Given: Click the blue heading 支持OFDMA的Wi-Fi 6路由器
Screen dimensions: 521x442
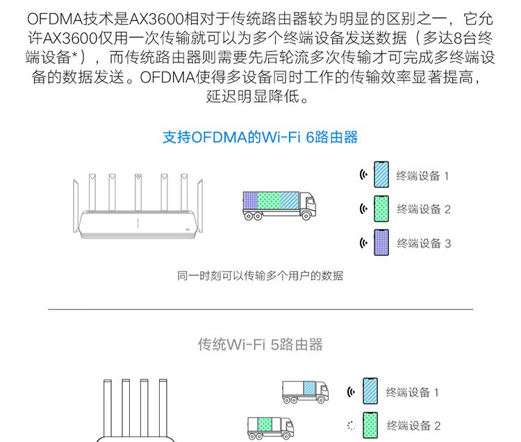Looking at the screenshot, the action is (260, 137).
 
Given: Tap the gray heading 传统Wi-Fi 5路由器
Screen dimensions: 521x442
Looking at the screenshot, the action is (260, 344).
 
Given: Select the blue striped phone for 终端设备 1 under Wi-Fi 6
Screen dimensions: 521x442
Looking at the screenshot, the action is (381, 174).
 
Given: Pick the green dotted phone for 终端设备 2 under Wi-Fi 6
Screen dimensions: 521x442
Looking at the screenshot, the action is (381, 208).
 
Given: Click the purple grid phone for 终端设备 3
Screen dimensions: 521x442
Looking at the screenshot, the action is (381, 243).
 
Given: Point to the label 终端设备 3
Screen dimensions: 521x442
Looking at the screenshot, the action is (424, 243).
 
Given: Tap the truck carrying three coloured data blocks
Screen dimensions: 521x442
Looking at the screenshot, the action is (279, 206).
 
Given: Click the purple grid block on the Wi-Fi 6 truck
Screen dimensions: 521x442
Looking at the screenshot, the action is (251, 200).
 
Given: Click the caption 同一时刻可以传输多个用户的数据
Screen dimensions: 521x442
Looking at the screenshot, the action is (260, 275).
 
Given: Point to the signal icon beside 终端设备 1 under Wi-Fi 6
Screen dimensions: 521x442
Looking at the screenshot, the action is (364, 174).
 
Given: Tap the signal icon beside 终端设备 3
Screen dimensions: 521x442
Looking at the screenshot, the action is (364, 243).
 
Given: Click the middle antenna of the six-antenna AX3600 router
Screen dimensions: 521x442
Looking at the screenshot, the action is (138, 192).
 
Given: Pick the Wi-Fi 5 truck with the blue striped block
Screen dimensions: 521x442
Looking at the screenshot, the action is (306, 392).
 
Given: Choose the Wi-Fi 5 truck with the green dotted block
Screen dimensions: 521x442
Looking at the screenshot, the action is (270, 427).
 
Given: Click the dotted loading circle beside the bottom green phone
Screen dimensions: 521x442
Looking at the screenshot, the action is (352, 425).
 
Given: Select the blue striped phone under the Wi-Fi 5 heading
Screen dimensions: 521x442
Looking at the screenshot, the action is (370, 391).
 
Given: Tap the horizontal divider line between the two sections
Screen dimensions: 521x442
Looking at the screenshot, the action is (260, 309).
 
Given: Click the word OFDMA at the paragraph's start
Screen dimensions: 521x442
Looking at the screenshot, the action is (55, 19).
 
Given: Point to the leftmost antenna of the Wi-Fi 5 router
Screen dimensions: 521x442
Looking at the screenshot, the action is (107, 409).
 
